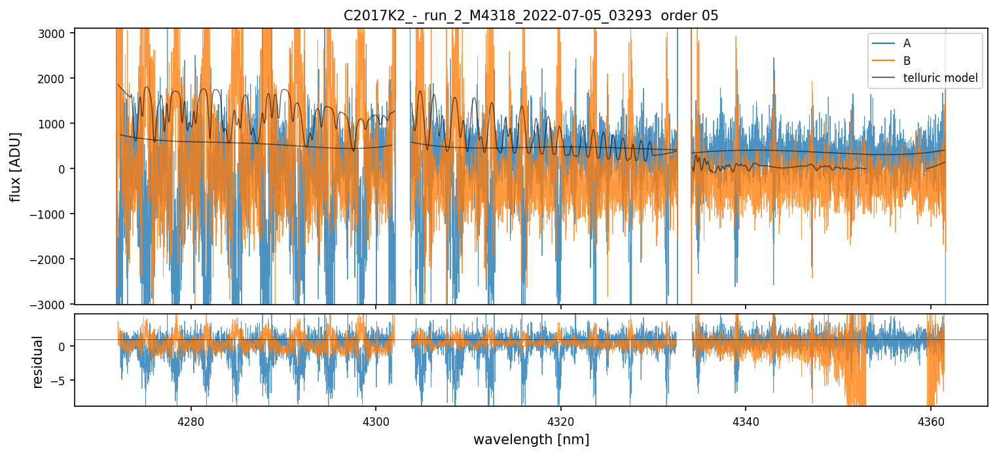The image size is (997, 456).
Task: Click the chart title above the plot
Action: coord(531,16)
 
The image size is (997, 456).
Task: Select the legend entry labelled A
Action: coord(907,43)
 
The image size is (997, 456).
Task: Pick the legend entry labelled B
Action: coord(907,60)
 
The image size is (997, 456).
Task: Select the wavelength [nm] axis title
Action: coord(531,439)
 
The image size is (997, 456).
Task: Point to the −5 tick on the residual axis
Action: coord(61,380)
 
